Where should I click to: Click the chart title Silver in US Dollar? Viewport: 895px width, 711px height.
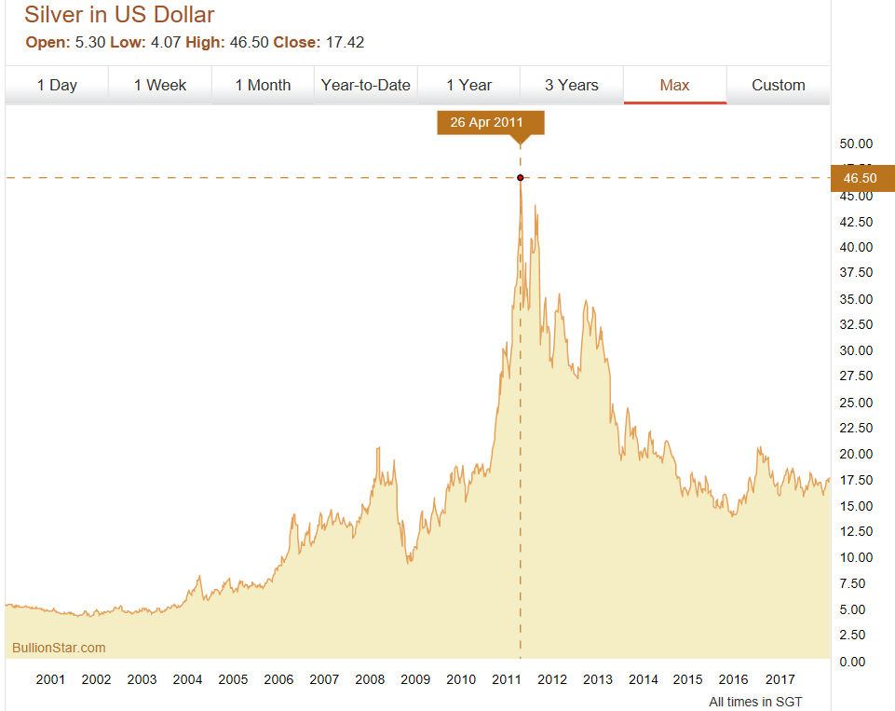tap(119, 15)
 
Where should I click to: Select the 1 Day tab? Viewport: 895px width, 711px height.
tap(57, 85)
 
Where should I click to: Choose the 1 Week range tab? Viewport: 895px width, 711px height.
tap(160, 85)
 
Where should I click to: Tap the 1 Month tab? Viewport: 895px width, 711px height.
tap(263, 85)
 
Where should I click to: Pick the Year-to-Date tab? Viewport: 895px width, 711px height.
tap(366, 85)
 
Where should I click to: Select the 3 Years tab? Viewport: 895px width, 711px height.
tap(572, 85)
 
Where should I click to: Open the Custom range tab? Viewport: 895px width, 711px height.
tap(779, 85)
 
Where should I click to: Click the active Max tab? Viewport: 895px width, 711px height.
tap(674, 85)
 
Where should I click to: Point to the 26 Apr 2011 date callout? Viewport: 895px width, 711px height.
tap(490, 123)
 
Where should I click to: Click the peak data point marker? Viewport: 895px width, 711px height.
tap(520, 177)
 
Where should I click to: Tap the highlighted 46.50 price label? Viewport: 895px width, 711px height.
tap(861, 177)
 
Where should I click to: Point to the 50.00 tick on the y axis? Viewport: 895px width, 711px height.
tap(856, 144)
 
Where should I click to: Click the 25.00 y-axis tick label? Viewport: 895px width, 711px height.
tap(856, 403)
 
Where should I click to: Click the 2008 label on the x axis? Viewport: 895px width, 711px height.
tap(370, 679)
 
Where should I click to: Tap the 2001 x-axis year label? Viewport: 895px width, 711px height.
tap(50, 679)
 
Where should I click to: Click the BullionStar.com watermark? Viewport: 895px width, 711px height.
tap(59, 648)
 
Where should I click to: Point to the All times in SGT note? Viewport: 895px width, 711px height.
tap(755, 701)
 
